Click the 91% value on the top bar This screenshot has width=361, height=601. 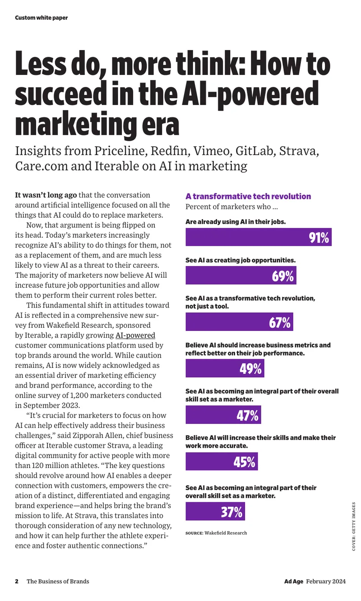[319, 238]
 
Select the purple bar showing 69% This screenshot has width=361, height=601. [241, 275]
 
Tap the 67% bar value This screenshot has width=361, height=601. [280, 322]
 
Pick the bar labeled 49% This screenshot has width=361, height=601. [225, 368]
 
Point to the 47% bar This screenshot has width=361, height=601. [223, 414]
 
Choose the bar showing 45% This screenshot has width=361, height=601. [222, 461]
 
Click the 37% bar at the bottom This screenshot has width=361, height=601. [215, 511]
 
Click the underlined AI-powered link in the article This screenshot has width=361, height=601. [135, 335]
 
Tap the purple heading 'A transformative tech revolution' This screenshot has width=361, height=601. [248, 196]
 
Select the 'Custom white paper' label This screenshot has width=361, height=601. [42, 18]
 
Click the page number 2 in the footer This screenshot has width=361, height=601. [17, 581]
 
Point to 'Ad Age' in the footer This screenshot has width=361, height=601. [294, 581]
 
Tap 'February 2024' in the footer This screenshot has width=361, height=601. [326, 581]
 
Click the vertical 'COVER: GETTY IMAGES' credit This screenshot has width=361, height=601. [354, 527]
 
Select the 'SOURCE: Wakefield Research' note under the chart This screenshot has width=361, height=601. [216, 533]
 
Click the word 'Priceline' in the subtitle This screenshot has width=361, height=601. [121, 151]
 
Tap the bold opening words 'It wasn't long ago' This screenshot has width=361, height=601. [46, 195]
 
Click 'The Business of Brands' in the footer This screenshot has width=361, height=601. [58, 581]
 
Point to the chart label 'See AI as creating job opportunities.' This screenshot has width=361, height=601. [241, 260]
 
